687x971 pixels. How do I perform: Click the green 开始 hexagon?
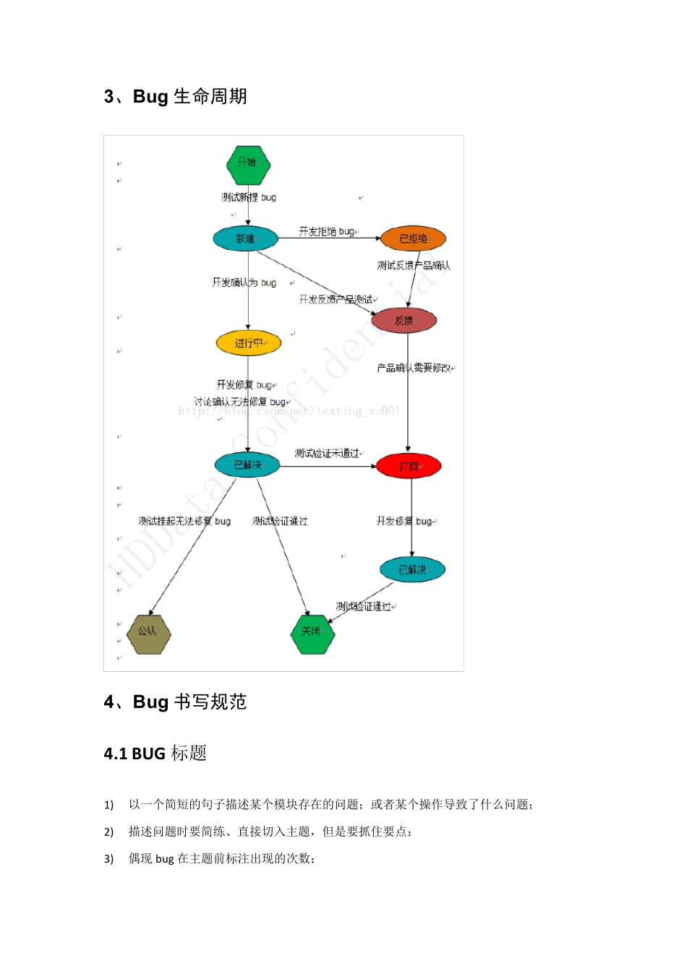(248, 164)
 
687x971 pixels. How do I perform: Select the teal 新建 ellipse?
(246, 238)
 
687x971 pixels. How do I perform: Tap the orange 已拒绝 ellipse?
(413, 238)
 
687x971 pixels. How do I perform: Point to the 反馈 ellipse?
(404, 320)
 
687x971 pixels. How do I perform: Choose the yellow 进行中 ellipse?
(248, 343)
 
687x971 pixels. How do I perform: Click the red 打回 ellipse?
(409, 466)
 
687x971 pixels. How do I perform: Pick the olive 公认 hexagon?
(148, 634)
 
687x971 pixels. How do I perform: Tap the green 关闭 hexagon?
(312, 634)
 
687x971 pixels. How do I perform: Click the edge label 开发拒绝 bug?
(327, 231)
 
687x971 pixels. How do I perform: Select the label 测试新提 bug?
(248, 197)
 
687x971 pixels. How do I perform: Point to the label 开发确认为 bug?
(244, 282)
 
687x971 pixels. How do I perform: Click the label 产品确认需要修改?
(414, 368)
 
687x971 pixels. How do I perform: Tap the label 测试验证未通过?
(327, 453)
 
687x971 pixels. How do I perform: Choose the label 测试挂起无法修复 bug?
(184, 521)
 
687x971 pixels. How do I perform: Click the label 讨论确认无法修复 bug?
(240, 402)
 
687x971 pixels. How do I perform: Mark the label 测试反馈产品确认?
(413, 265)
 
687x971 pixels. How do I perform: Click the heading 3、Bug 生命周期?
(176, 96)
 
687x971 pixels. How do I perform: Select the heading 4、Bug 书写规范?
(176, 702)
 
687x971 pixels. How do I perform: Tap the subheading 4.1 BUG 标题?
(155, 754)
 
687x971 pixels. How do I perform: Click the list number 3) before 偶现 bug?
(108, 858)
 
